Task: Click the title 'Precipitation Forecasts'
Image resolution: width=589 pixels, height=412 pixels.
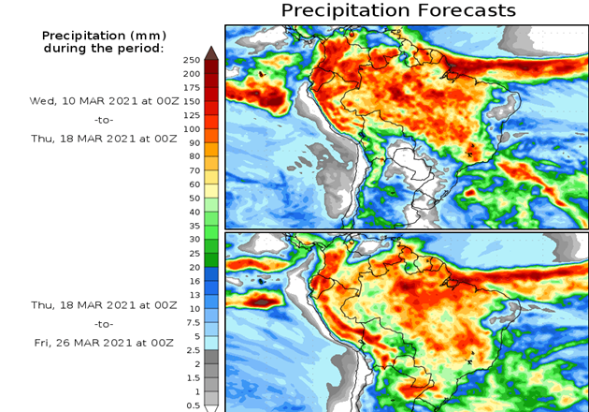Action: click(398, 10)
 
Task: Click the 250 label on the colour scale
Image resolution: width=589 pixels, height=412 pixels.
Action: click(191, 60)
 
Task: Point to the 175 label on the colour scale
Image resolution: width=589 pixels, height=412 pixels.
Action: click(191, 87)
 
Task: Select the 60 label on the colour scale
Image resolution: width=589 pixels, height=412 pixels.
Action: click(193, 184)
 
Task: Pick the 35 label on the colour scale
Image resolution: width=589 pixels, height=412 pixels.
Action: click(193, 226)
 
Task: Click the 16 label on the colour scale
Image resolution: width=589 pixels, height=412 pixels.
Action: click(193, 281)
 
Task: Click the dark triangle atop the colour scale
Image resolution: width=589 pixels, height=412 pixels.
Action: click(211, 52)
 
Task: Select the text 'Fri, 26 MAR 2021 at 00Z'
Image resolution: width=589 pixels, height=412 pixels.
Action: click(102, 343)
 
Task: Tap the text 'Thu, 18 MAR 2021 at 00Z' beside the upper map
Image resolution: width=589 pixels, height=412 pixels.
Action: click(102, 139)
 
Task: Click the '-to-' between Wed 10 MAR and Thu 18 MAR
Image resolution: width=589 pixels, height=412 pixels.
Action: click(103, 120)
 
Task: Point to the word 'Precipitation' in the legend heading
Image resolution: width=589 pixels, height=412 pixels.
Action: click(85, 35)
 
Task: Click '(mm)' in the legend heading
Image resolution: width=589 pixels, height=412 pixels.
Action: click(148, 35)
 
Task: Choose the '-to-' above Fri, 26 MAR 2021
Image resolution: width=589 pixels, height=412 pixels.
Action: click(103, 324)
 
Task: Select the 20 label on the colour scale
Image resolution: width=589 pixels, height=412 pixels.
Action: click(193, 267)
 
